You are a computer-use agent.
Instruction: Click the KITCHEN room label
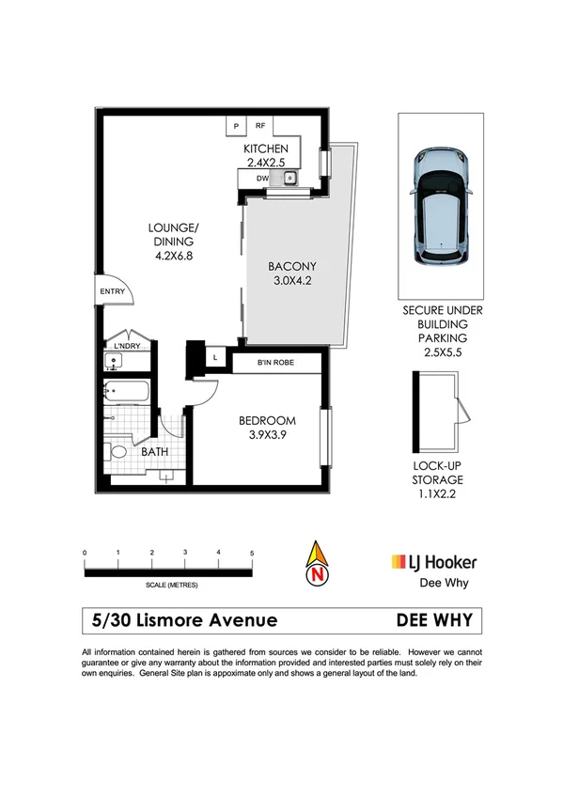click(x=265, y=149)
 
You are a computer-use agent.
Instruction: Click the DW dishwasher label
click(x=262, y=177)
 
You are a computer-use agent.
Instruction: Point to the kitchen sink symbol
click(x=290, y=177)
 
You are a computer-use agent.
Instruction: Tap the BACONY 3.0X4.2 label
click(x=290, y=273)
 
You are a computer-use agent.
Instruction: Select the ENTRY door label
click(x=112, y=291)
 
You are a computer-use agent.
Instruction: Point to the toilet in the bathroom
click(x=117, y=453)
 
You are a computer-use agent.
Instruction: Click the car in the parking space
click(x=441, y=204)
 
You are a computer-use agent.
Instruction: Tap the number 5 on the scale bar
click(x=251, y=553)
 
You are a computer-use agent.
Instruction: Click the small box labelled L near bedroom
click(x=215, y=358)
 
